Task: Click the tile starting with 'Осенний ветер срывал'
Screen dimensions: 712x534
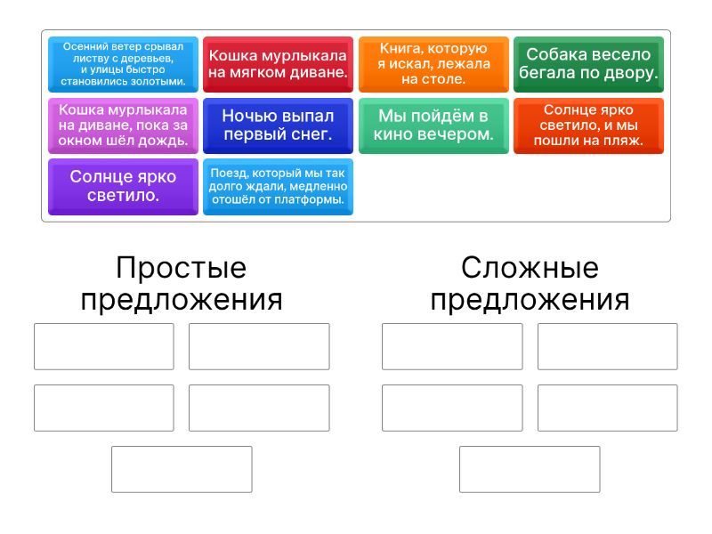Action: coord(123,64)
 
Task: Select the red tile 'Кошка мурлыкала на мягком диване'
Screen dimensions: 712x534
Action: coord(278,64)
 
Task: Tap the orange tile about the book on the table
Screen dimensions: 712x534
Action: coord(433,64)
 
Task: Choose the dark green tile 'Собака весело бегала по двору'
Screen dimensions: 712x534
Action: coord(588,64)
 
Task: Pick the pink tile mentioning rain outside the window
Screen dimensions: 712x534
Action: coord(123,125)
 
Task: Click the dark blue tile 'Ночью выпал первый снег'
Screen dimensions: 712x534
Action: coord(278,125)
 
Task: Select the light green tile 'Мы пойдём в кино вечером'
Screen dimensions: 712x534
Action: coord(433,125)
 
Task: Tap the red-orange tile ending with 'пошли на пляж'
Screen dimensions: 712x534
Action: coord(588,125)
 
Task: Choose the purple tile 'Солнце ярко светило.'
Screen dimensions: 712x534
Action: coord(123,187)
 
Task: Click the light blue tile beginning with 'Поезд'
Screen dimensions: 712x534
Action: coord(278,187)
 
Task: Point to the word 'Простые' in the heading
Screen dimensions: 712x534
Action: coord(182,268)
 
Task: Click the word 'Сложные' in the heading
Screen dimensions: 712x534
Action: coord(530,268)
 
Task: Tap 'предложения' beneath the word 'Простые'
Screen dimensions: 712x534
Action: coord(182,300)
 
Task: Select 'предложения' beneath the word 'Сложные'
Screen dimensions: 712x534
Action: coord(530,300)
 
